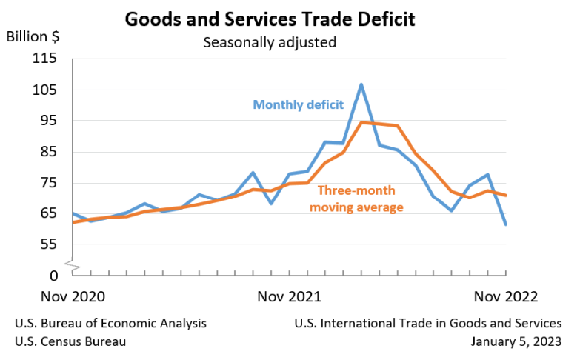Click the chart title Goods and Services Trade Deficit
click(270, 19)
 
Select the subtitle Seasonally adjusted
click(270, 42)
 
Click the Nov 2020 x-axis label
click(73, 296)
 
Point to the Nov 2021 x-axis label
click(289, 296)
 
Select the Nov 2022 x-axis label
click(507, 296)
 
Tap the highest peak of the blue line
click(361, 84)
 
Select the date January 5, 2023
click(516, 341)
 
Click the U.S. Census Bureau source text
click(70, 341)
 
